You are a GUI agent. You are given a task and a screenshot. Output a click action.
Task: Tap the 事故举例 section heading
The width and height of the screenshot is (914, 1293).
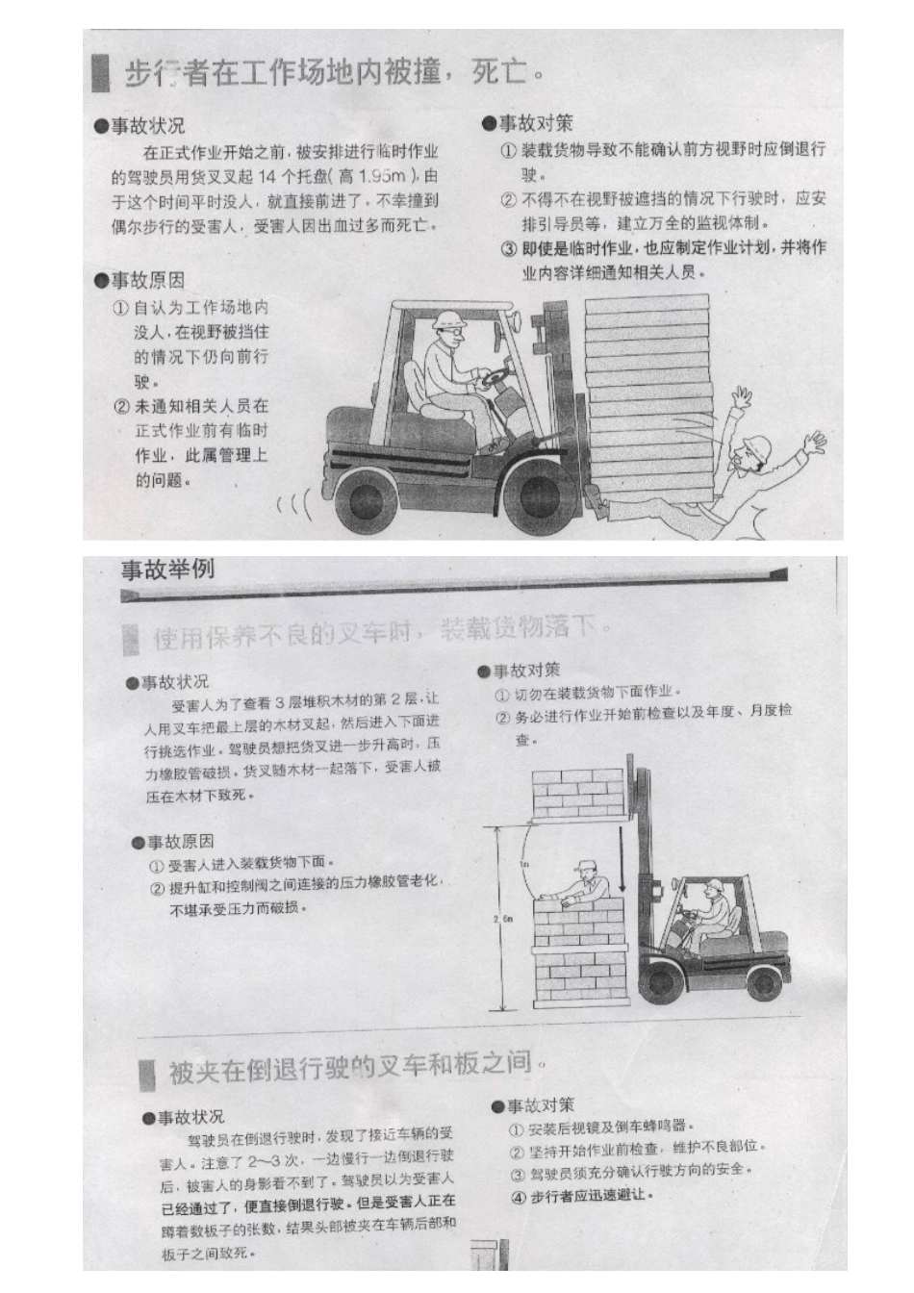pos(167,570)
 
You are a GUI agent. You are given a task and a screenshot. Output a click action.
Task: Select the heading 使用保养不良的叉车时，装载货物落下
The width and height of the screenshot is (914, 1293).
pos(380,632)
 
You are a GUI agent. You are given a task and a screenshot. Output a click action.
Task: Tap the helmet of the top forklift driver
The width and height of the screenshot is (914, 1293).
pos(448,320)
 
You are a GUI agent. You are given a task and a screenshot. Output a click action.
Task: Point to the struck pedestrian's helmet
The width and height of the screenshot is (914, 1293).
pos(757,445)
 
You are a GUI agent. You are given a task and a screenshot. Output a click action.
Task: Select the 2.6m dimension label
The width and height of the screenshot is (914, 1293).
pos(502,920)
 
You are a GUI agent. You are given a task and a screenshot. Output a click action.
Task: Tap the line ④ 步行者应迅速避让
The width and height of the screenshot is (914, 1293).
pos(582,1195)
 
